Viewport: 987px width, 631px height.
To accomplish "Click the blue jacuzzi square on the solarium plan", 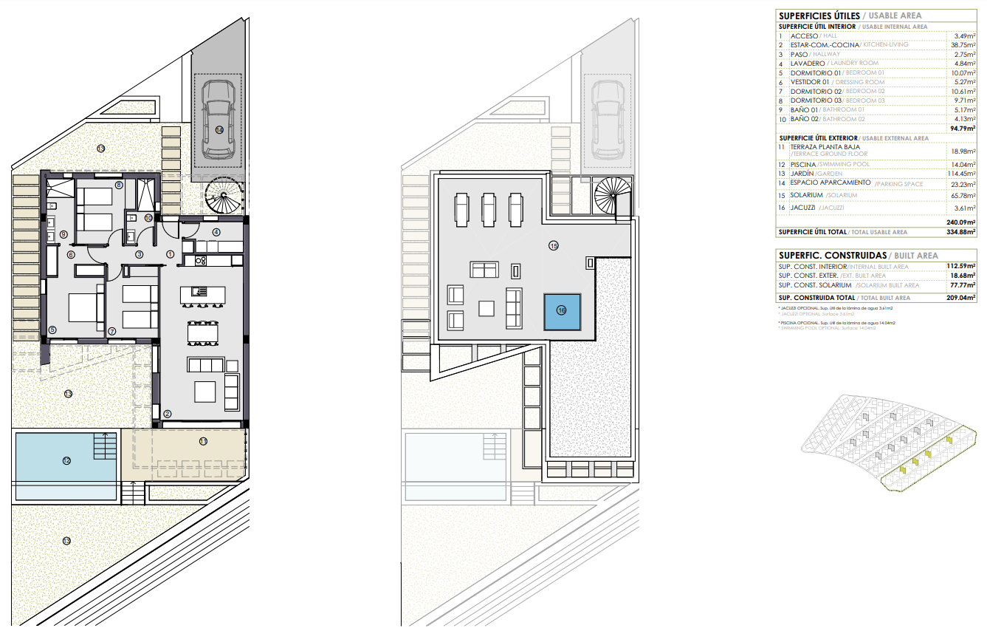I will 563,311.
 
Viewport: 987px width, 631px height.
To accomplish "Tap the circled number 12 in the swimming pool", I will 66,461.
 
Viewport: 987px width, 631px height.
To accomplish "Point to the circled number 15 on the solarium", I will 553,246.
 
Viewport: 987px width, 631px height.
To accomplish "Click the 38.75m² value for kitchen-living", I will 961,45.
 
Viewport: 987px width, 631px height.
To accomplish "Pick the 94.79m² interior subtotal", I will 961,129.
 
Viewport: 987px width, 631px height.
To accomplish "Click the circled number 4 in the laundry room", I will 216,232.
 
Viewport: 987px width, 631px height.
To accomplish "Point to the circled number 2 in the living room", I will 168,414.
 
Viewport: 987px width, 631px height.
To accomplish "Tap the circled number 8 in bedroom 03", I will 119,185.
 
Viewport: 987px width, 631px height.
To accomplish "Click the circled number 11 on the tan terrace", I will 203,442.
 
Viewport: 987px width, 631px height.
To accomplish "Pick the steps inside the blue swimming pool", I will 105,446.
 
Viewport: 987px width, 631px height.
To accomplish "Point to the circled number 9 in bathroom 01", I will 63,234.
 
